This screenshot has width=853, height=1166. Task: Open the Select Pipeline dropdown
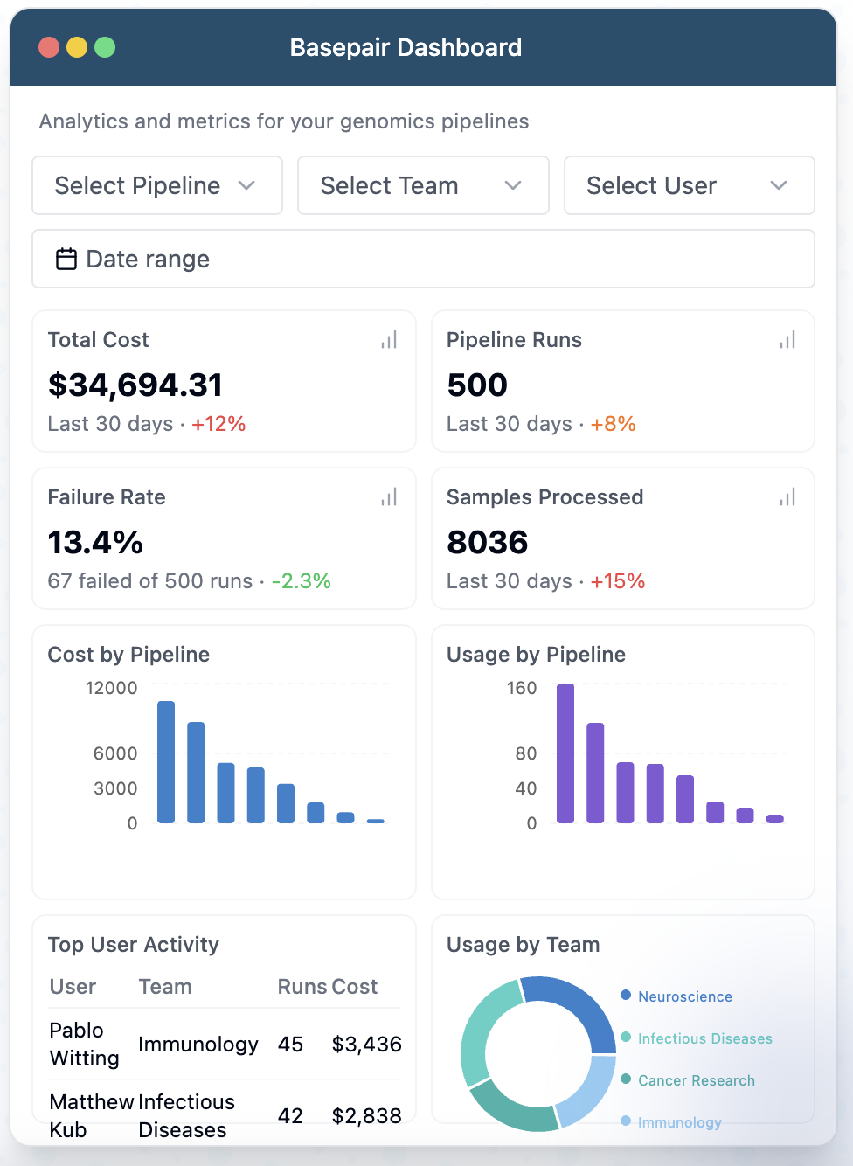click(x=156, y=185)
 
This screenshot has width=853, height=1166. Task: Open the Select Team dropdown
click(x=423, y=185)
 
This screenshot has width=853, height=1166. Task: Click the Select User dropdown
click(x=689, y=185)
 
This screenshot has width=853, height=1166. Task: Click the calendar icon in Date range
click(x=66, y=259)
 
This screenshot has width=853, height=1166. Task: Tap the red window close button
click(x=49, y=47)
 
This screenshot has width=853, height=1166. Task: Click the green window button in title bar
click(x=105, y=47)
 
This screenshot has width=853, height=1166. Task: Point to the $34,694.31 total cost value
click(x=135, y=385)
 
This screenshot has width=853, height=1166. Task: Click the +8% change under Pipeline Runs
click(x=613, y=424)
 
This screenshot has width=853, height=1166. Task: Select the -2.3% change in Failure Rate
click(x=301, y=581)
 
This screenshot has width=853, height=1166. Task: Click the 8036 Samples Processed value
click(x=488, y=542)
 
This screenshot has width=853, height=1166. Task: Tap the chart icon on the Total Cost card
click(x=389, y=340)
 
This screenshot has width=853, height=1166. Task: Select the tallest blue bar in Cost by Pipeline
click(x=166, y=762)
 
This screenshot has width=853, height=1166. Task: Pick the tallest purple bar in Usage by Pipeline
click(x=565, y=753)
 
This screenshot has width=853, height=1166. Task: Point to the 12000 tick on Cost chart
click(x=111, y=688)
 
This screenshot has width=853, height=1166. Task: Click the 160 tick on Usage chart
click(x=522, y=688)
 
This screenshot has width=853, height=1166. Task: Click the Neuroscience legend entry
click(x=684, y=996)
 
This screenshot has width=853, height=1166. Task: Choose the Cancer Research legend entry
click(x=696, y=1080)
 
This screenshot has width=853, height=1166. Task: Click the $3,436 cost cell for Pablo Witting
click(x=366, y=1045)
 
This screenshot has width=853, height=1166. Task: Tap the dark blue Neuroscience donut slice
click(x=577, y=1005)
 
